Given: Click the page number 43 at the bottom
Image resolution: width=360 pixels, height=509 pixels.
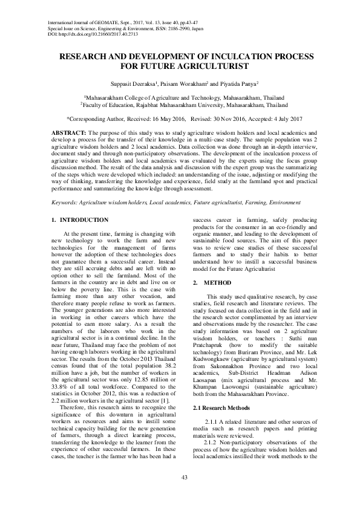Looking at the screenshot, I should (180, 478).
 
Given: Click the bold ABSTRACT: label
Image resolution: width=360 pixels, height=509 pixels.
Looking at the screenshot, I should (67, 131).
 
